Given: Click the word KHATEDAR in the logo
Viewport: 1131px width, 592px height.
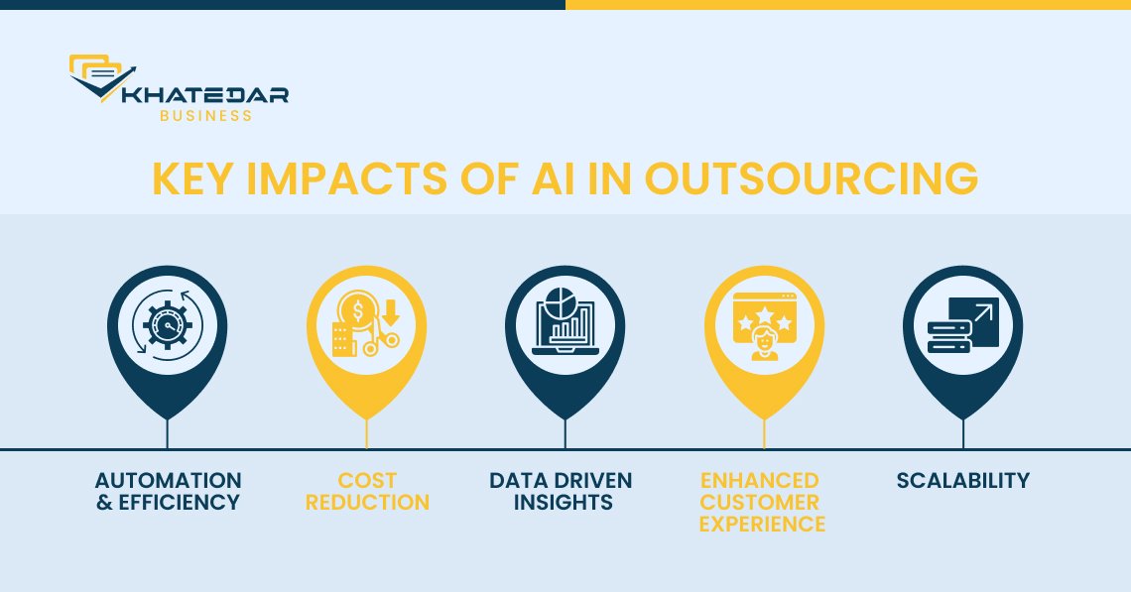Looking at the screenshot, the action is [205, 95].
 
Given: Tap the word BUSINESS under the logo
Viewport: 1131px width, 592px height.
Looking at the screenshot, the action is [205, 115].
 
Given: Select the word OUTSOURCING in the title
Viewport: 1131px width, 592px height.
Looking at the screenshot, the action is [812, 178].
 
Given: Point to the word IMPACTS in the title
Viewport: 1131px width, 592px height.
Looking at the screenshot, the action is [347, 178].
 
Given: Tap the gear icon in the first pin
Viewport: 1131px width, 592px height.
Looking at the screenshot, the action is [168, 325].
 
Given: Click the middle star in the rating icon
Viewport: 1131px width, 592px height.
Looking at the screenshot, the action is [765, 314].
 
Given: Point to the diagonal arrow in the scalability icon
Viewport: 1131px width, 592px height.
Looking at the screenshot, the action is [983, 313].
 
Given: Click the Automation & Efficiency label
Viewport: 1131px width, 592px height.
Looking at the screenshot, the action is [168, 491].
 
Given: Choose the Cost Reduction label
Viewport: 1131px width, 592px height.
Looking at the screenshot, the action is [367, 491].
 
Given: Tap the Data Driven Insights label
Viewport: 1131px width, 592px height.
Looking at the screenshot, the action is [561, 491].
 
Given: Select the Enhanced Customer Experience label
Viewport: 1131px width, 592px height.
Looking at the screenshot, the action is [762, 502].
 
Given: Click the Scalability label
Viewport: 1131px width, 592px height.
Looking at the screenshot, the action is [963, 480].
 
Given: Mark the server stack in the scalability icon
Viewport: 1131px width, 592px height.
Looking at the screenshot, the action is [949, 337].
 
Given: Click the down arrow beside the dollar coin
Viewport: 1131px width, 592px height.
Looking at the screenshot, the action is [390, 313].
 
